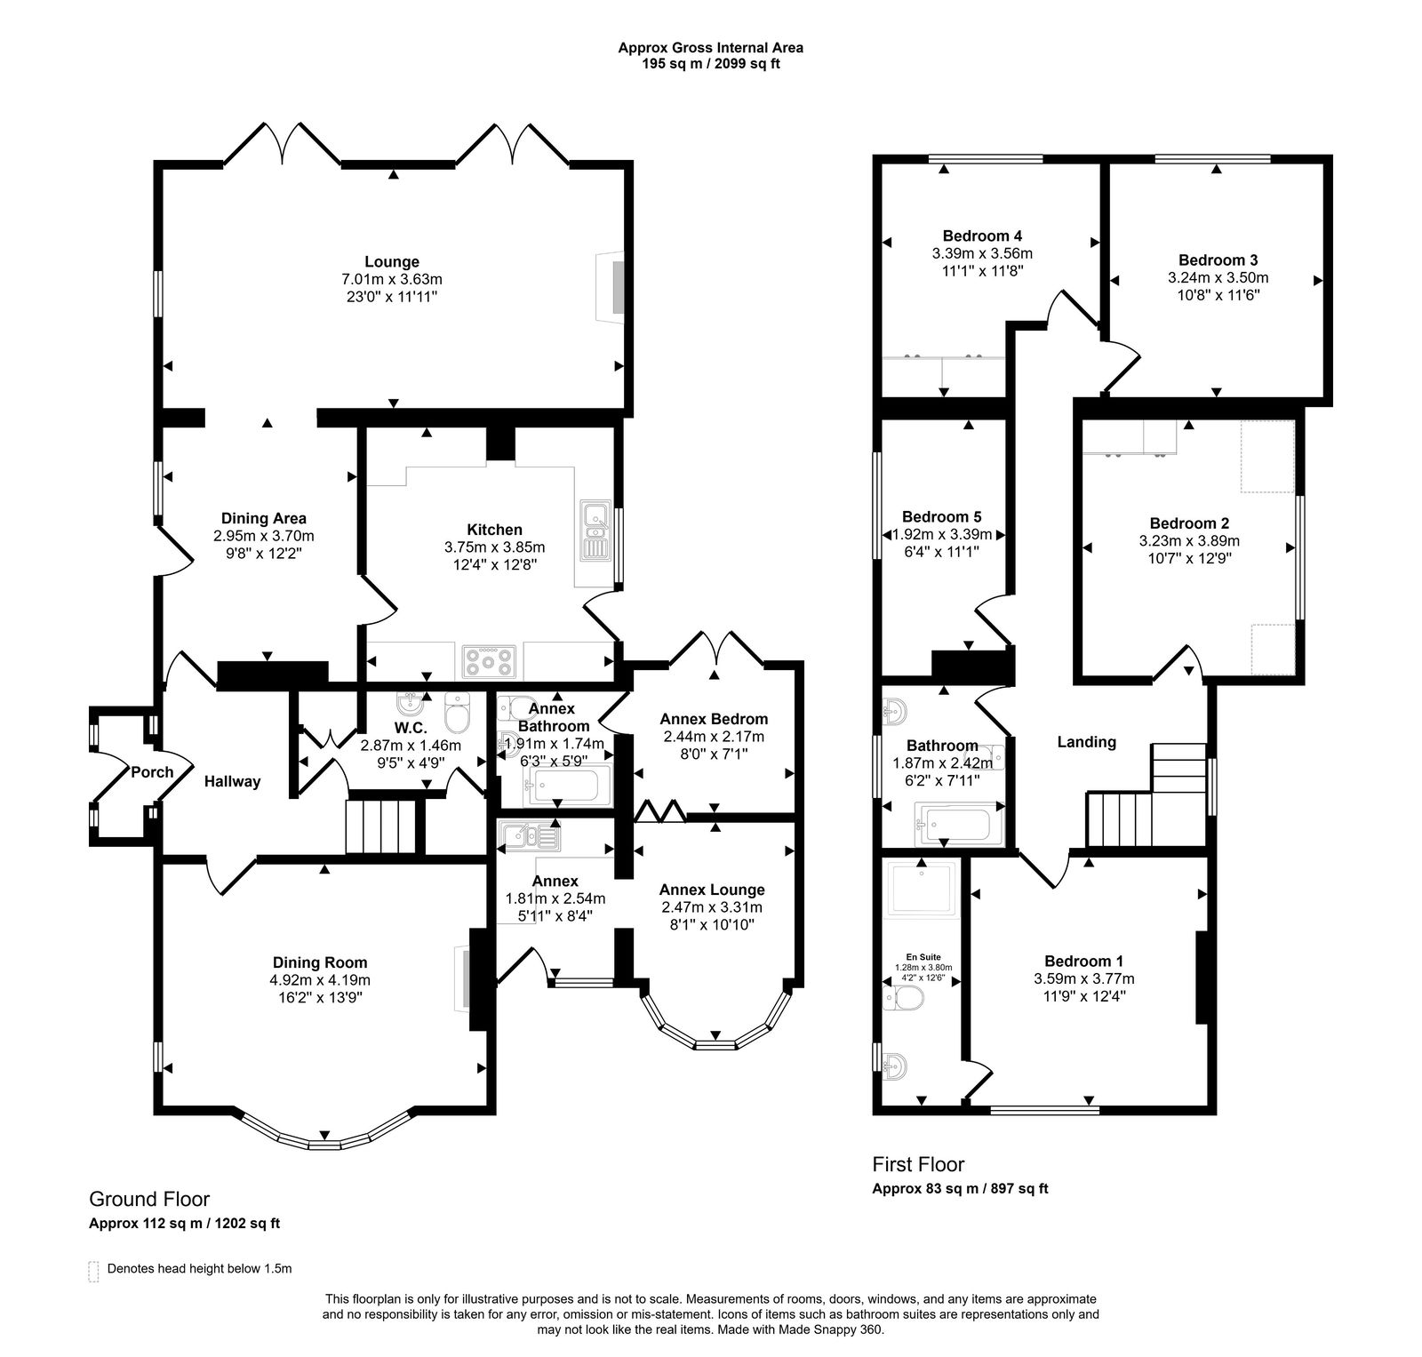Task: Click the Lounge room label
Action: pyautogui.click(x=391, y=261)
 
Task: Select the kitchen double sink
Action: pyautogui.click(x=594, y=531)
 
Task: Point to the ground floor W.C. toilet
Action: pyautogui.click(x=457, y=709)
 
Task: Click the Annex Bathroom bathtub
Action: pyautogui.click(x=567, y=786)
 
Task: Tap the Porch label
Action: pyautogui.click(x=152, y=771)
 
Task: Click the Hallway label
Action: pyautogui.click(x=232, y=781)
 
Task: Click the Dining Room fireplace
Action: pyautogui.click(x=464, y=978)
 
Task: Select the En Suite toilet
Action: pyautogui.click(x=905, y=1000)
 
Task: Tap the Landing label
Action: pyautogui.click(x=1086, y=741)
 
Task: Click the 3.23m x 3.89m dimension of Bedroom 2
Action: pyautogui.click(x=1189, y=540)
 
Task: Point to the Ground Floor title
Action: pyautogui.click(x=149, y=1199)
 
